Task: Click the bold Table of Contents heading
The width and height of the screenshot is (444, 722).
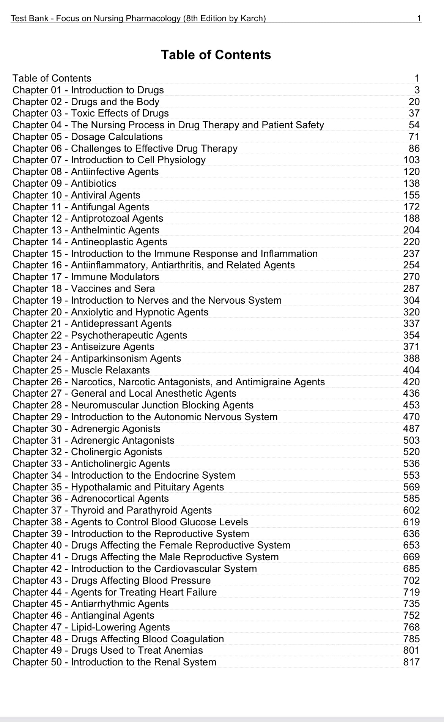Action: pos(216,55)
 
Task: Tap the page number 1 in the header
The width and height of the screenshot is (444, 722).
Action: pos(419,18)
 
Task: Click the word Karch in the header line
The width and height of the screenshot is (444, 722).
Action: pos(251,18)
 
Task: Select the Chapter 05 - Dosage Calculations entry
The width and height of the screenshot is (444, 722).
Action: pos(88,137)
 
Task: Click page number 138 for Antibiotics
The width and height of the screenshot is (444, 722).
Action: pos(411,183)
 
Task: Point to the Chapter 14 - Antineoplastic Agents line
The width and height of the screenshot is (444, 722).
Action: pos(90,242)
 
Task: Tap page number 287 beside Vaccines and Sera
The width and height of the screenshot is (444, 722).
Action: pos(411,288)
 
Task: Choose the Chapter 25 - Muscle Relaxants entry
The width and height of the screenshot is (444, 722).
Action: pos(81,370)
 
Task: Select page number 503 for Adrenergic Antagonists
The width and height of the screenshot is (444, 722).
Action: pos(411,440)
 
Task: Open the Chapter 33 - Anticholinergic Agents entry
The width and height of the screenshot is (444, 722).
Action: pos(91,463)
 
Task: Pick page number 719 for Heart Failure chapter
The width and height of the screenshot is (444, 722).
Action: pos(411,592)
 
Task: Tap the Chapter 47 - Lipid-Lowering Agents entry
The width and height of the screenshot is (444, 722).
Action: pos(91,627)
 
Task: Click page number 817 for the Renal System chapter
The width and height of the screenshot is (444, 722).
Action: pos(411,662)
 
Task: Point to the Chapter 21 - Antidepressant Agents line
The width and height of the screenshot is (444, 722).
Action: pos(92,323)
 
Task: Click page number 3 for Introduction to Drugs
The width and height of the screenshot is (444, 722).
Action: pos(417,90)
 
